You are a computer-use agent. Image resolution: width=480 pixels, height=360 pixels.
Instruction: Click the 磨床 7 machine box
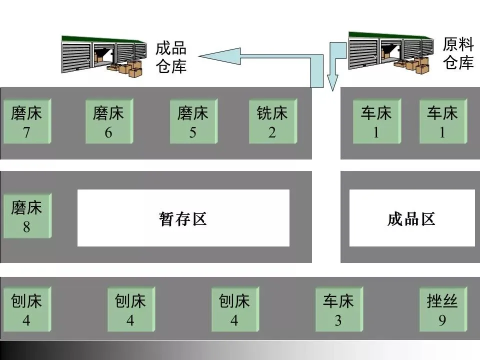[x=26, y=121]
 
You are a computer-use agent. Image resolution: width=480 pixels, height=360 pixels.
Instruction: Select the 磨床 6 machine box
[x=108, y=121]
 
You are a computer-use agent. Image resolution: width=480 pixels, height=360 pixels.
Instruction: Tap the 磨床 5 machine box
[x=193, y=121]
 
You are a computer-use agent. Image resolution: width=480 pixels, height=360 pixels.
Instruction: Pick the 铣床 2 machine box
[x=272, y=121]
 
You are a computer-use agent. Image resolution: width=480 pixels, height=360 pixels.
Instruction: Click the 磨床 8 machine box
[x=26, y=216]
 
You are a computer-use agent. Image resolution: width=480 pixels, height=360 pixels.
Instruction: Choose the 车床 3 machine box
[x=338, y=309]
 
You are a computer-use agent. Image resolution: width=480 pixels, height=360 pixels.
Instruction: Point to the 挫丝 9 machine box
[x=442, y=309]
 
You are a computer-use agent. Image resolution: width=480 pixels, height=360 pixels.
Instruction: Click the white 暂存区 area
[x=183, y=218]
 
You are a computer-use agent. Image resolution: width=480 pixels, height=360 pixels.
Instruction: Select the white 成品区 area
[x=411, y=218]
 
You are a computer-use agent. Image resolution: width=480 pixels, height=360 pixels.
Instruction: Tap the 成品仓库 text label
[x=171, y=57]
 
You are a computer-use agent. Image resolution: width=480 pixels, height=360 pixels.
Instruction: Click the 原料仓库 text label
[x=458, y=53]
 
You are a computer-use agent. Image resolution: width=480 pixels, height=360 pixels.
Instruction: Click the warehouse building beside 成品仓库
[x=103, y=55]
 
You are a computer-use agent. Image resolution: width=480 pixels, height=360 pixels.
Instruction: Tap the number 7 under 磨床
[x=26, y=133]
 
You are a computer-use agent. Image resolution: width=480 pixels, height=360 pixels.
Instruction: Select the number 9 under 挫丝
[x=442, y=320]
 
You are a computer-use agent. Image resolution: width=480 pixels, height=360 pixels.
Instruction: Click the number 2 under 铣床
[x=272, y=133]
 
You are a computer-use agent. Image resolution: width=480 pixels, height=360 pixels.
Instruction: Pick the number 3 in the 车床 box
[x=338, y=320]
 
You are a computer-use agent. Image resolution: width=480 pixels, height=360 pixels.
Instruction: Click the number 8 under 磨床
[x=26, y=227]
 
